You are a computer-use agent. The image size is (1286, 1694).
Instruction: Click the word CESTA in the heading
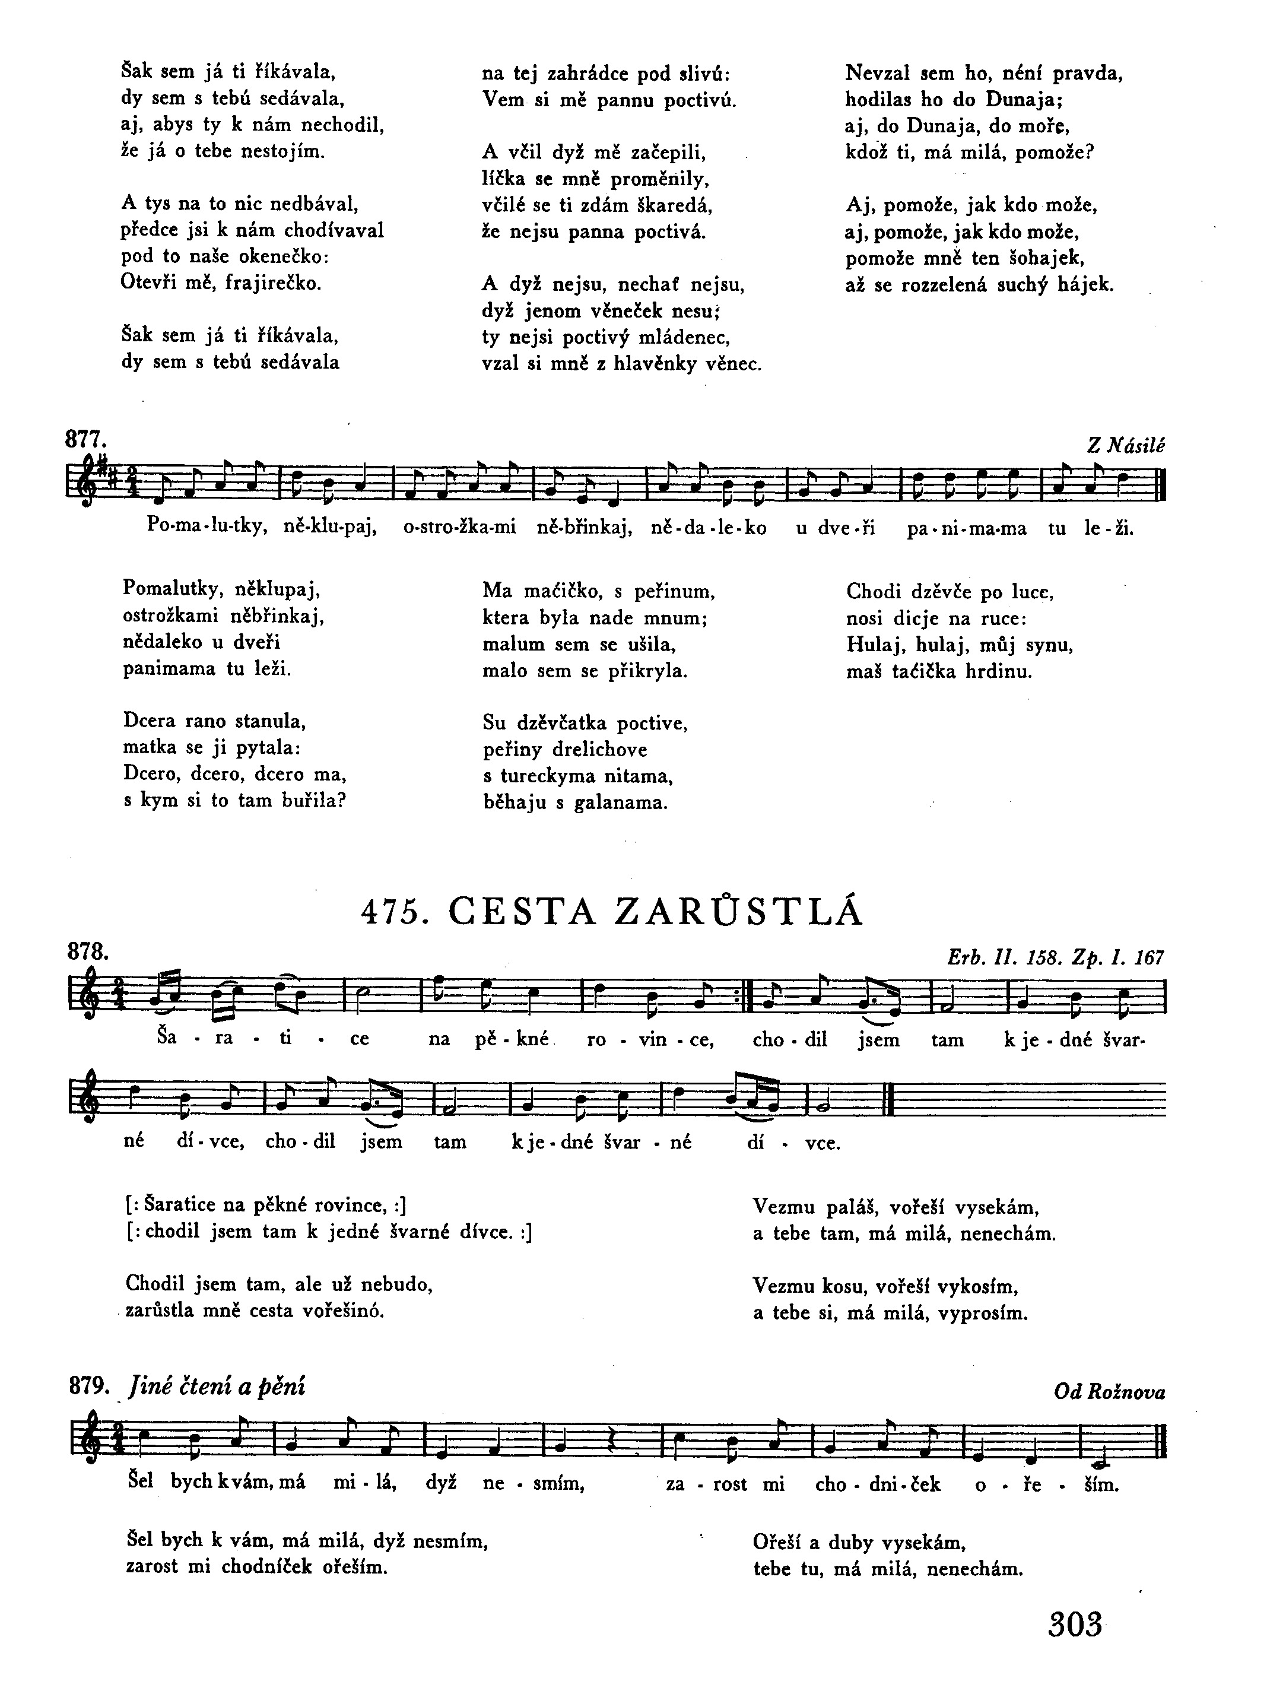[x=520, y=912]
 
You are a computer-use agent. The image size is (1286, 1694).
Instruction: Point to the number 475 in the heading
[x=393, y=912]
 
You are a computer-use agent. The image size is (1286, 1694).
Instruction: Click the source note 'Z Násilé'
[x=1125, y=446]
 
